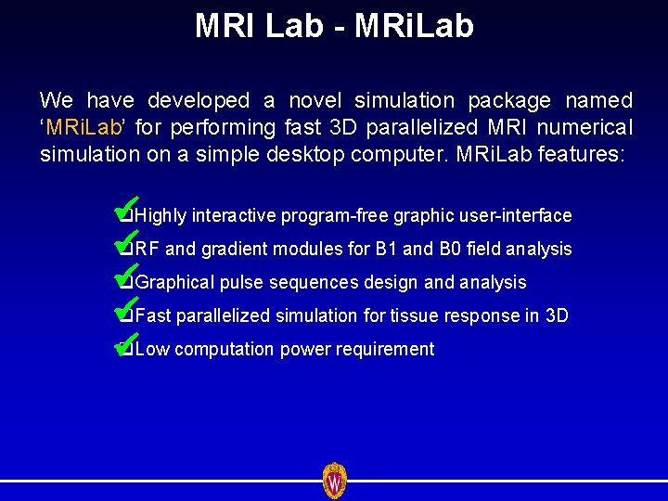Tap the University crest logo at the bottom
pyautogui.click(x=334, y=481)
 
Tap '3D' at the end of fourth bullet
pyautogui.click(x=557, y=316)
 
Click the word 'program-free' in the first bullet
pyautogui.click(x=335, y=216)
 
